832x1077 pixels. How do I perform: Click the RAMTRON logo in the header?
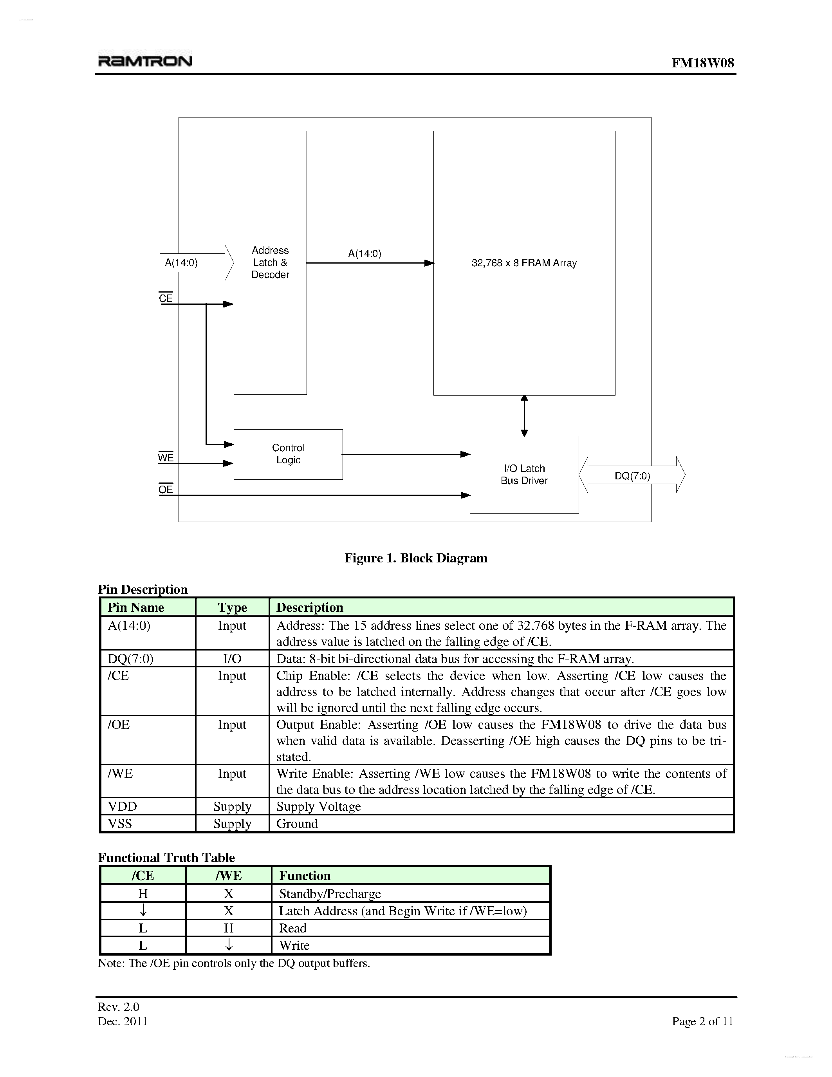[145, 61]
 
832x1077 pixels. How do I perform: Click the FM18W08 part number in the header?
[702, 63]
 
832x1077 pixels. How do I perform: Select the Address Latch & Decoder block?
[270, 262]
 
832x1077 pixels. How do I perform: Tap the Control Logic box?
[288, 454]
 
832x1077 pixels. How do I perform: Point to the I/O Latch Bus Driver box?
[524, 474]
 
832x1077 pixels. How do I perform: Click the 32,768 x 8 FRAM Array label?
[524, 263]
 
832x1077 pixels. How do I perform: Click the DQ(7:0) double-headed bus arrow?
[632, 475]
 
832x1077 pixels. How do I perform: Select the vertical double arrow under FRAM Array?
[524, 416]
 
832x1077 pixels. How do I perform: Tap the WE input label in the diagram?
[166, 457]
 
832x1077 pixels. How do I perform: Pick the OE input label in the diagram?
[166, 489]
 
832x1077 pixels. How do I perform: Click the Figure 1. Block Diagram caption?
[415, 558]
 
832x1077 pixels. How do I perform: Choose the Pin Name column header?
[135, 607]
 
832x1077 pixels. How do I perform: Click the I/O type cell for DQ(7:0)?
[232, 659]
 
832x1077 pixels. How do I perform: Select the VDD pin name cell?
[123, 806]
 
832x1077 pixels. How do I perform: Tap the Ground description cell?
[297, 824]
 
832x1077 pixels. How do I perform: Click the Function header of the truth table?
[305, 875]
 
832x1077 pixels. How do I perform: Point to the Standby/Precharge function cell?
[330, 894]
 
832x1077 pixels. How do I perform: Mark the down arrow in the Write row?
[229, 945]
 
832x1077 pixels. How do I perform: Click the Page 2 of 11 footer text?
[702, 1021]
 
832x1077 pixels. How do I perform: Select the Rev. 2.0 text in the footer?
[119, 1007]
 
